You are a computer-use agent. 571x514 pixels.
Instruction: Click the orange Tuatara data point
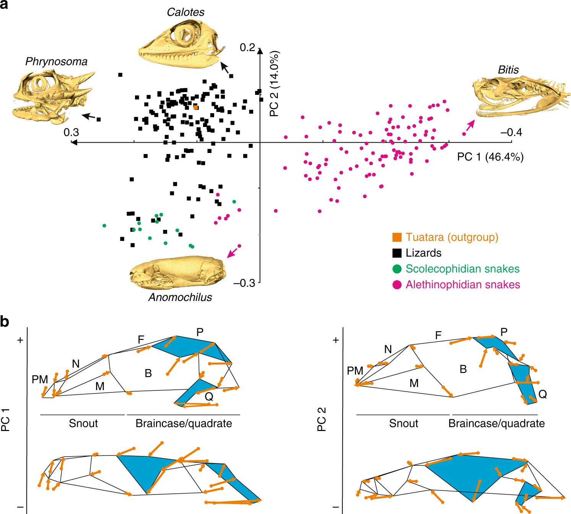(x=196, y=107)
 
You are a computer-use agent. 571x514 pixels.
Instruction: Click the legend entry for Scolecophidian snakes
(x=462, y=269)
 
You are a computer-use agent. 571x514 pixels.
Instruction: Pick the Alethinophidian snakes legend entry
(x=463, y=285)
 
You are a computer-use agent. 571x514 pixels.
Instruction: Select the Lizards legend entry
(x=423, y=253)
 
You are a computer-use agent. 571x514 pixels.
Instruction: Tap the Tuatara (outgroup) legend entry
(x=452, y=237)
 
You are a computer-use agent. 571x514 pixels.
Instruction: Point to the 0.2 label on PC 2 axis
(x=247, y=47)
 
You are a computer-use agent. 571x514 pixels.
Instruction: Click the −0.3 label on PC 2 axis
(x=244, y=283)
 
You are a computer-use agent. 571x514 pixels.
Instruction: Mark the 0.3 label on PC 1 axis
(x=71, y=132)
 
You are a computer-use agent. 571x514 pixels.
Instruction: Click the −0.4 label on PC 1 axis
(x=511, y=132)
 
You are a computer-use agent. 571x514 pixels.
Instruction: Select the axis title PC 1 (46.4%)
(x=490, y=157)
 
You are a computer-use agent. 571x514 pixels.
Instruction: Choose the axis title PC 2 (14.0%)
(x=274, y=83)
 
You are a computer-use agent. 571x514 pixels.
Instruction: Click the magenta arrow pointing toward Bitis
(x=470, y=125)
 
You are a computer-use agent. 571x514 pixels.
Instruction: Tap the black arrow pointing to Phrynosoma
(x=89, y=116)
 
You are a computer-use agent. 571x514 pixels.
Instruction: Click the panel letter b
(x=5, y=322)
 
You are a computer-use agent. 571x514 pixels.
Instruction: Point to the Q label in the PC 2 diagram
(x=542, y=394)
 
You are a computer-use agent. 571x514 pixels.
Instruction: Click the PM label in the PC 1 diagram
(x=40, y=379)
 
